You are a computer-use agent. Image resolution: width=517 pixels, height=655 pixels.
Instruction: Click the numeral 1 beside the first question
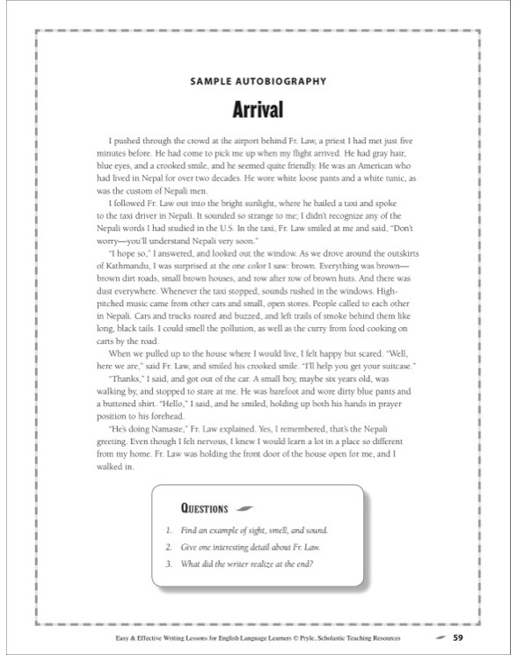coord(167,531)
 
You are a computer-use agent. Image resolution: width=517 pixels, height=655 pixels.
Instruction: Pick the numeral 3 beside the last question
coord(167,564)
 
